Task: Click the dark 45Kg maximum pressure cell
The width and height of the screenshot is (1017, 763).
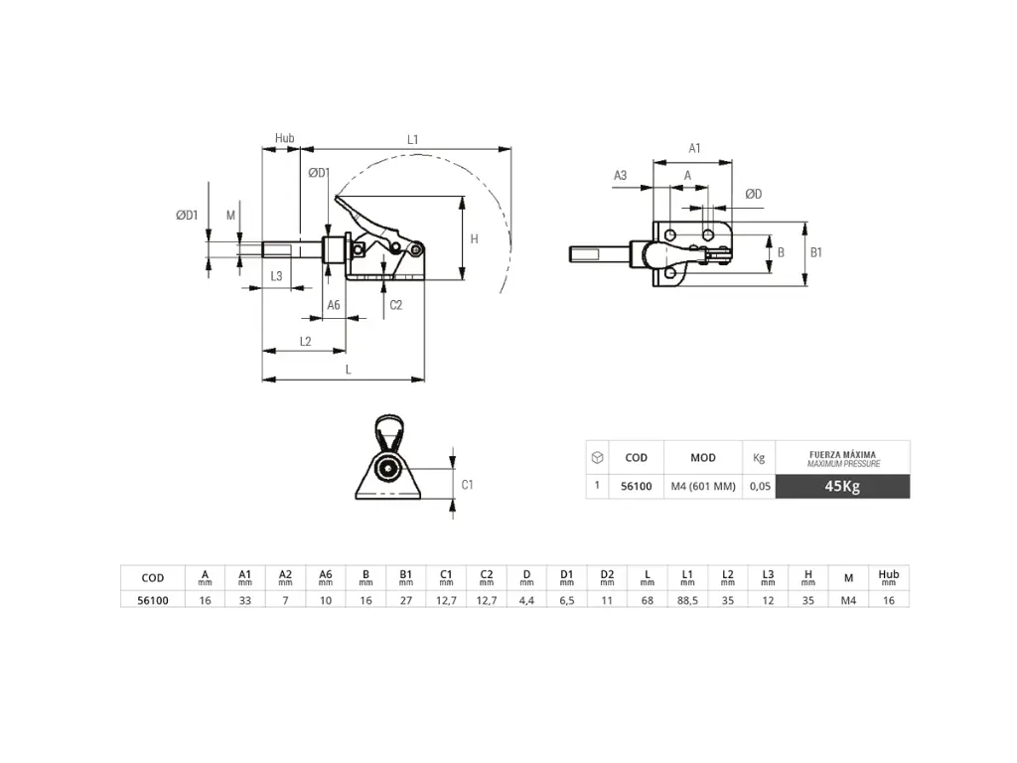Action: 841,486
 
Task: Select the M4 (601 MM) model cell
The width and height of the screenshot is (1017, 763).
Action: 703,486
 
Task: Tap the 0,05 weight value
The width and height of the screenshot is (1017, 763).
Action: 759,486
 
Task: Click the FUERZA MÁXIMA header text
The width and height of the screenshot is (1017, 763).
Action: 841,455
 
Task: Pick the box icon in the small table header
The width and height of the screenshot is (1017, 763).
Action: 596,457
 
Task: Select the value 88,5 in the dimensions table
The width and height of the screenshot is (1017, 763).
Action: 687,600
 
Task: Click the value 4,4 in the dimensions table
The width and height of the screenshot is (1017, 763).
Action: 526,600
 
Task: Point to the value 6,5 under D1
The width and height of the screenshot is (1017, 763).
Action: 566,600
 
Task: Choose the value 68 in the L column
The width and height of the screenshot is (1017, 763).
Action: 648,600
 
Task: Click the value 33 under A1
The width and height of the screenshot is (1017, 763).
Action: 245,600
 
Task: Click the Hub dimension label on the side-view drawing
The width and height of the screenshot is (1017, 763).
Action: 284,139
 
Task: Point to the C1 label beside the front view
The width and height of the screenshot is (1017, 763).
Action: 468,484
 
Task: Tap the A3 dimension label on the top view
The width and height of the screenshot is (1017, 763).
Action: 620,175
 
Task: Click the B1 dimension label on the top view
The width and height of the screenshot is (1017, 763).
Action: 816,252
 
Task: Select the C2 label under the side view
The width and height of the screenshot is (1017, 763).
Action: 395,305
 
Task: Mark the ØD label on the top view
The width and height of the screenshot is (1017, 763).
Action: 754,194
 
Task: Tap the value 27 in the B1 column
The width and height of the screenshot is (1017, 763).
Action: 406,600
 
